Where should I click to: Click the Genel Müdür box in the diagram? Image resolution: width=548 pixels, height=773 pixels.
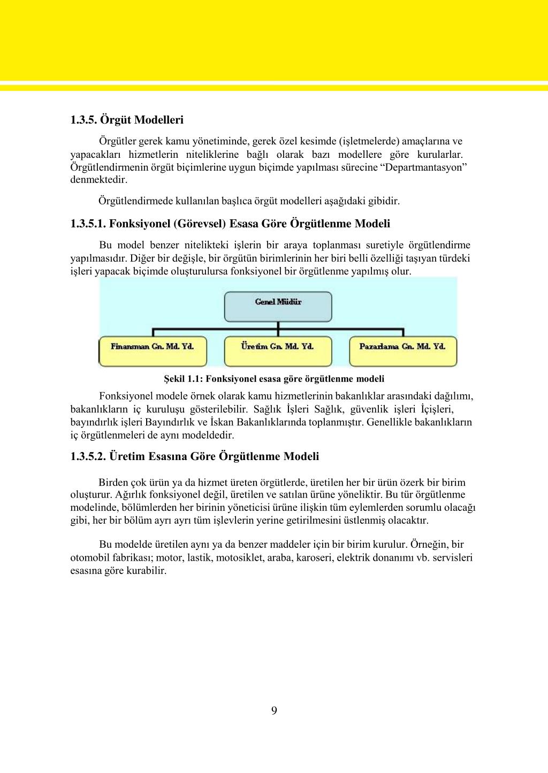coord(278,306)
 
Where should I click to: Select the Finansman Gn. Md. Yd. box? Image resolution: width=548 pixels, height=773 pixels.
coord(153,351)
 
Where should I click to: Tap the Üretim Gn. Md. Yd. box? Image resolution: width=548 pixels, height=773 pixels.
coord(278,351)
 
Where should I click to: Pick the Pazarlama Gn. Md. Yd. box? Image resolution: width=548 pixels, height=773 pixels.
coord(402,351)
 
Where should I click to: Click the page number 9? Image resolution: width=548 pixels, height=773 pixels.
coord(274,710)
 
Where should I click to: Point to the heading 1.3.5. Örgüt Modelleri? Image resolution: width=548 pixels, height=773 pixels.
coord(127,120)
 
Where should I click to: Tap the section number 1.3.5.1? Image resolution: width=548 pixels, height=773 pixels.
coord(88,224)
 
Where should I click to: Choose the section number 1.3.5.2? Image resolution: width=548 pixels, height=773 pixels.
coord(88,456)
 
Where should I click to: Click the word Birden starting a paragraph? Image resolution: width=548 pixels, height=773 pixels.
coord(113,482)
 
